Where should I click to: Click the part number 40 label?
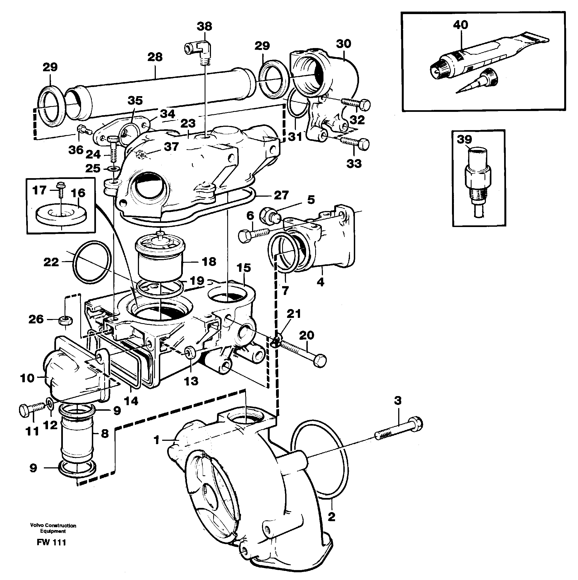pyautogui.click(x=460, y=25)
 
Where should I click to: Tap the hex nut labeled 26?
pyautogui.click(x=65, y=321)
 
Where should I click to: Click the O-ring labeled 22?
pyautogui.click(x=92, y=262)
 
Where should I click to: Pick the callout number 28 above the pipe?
pyautogui.click(x=155, y=57)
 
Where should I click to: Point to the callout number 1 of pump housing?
pyautogui.click(x=156, y=440)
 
